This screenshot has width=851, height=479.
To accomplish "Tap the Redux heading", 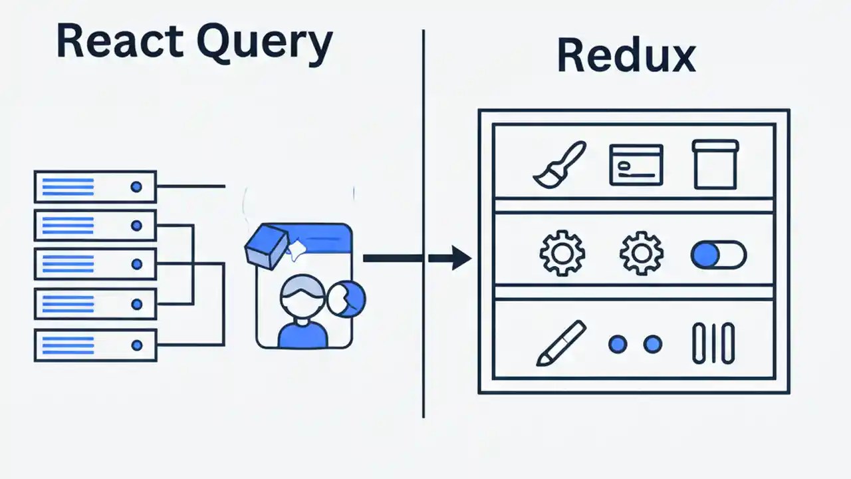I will (x=626, y=56).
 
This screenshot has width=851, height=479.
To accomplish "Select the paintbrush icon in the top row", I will (x=559, y=164).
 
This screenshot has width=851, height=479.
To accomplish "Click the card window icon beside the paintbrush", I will (x=636, y=164).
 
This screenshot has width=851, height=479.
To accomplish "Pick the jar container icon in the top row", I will (x=715, y=164).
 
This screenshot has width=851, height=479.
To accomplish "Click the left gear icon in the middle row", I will (x=562, y=253).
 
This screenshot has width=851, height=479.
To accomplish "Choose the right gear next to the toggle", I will (x=641, y=253).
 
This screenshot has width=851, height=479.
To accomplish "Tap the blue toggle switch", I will (x=718, y=255).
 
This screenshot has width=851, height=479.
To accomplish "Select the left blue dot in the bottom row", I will (x=618, y=344).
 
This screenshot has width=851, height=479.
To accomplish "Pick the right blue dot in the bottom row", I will (x=653, y=344).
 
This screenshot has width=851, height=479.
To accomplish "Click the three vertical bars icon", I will (x=713, y=344).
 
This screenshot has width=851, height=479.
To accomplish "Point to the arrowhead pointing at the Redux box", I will (x=460, y=258).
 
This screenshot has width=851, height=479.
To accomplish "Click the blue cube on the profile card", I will (x=265, y=246).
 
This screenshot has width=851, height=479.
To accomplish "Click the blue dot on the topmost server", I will (x=136, y=187).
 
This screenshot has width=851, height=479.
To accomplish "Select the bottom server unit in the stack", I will (x=95, y=345).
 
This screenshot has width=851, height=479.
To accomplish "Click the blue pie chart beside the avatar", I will (x=346, y=297).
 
